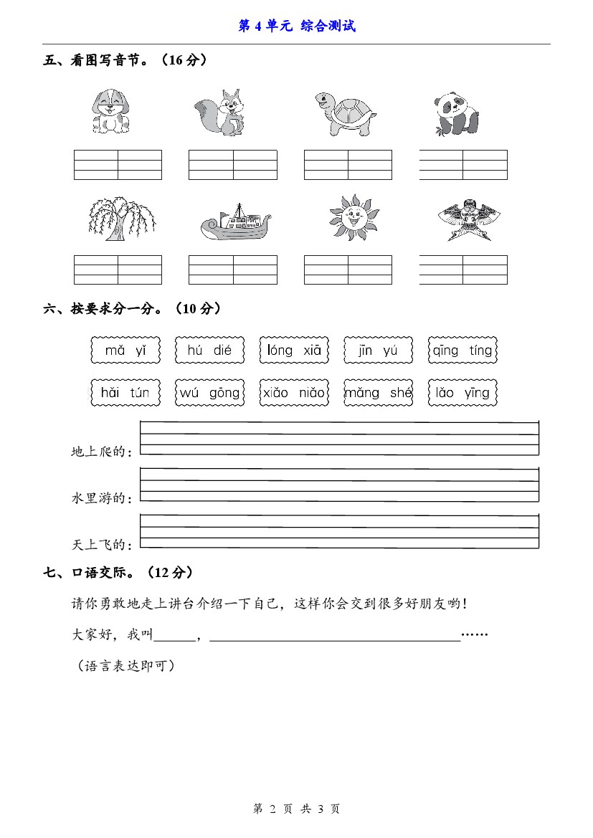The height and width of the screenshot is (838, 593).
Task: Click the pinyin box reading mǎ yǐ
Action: (x=125, y=351)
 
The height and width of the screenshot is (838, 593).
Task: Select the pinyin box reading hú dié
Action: (x=209, y=351)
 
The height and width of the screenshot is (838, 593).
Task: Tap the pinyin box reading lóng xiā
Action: (x=294, y=351)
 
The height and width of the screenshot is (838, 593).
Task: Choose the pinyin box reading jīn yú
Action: (x=378, y=351)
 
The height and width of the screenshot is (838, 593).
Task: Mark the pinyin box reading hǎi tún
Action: (x=125, y=393)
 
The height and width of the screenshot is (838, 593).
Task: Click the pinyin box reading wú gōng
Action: (x=209, y=393)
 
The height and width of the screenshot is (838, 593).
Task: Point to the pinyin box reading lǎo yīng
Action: (x=462, y=393)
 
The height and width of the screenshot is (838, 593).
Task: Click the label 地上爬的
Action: (x=101, y=452)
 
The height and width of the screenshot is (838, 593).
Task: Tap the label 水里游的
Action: (x=101, y=498)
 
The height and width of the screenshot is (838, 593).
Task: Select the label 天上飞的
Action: (x=101, y=546)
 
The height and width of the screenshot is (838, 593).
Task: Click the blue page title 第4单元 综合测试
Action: (x=297, y=27)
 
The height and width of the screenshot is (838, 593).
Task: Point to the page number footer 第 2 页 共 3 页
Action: (x=297, y=809)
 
